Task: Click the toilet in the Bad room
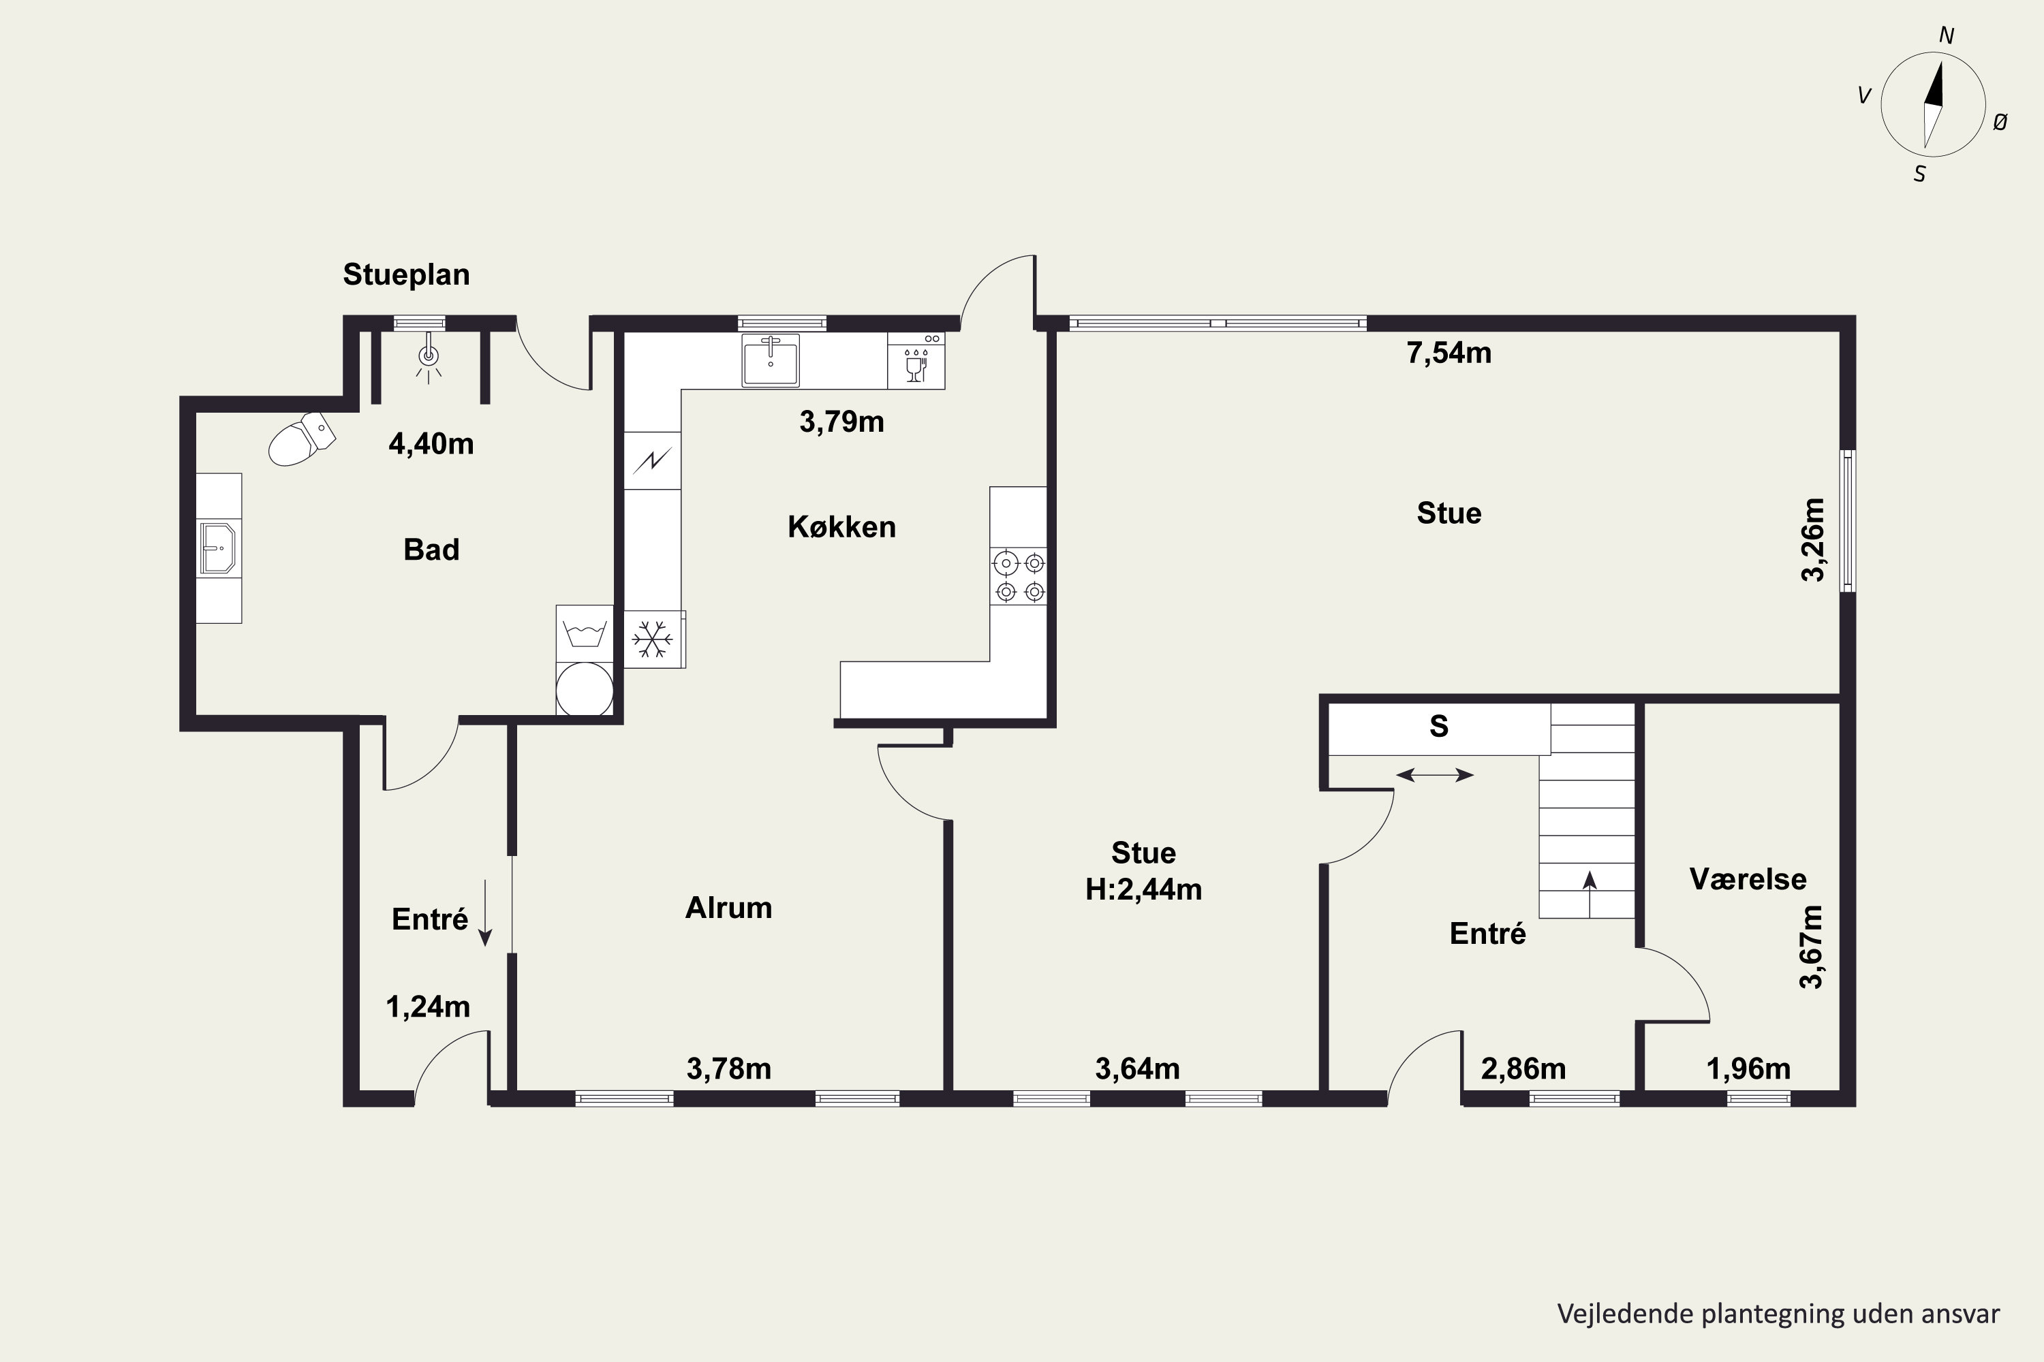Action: tap(302, 439)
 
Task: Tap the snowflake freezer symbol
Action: tap(653, 639)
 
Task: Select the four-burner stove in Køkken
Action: tap(1019, 577)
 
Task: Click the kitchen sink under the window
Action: tap(770, 360)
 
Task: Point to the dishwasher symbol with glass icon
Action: tap(916, 360)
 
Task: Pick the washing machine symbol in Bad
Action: tap(585, 633)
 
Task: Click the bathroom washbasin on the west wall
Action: tap(218, 548)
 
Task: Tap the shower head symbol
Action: tap(428, 359)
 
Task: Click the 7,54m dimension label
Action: tap(1449, 353)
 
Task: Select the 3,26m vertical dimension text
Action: tap(1813, 539)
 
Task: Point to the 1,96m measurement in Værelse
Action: tap(1748, 1068)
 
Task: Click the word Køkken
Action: tap(841, 526)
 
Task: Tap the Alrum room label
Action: tap(728, 908)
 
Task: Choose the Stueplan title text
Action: tap(406, 274)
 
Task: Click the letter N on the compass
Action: tap(1947, 35)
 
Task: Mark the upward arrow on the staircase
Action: tap(1590, 893)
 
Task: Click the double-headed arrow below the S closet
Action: tap(1435, 775)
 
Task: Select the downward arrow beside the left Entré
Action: tap(486, 912)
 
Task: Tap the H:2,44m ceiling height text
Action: tap(1144, 889)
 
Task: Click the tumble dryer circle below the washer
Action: tap(585, 691)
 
